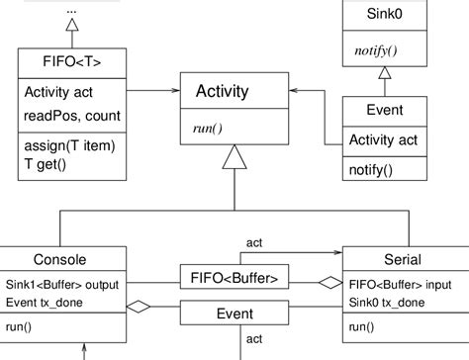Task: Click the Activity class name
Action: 223,92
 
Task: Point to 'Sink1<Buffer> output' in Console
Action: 61,285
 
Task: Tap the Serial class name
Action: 402,260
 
